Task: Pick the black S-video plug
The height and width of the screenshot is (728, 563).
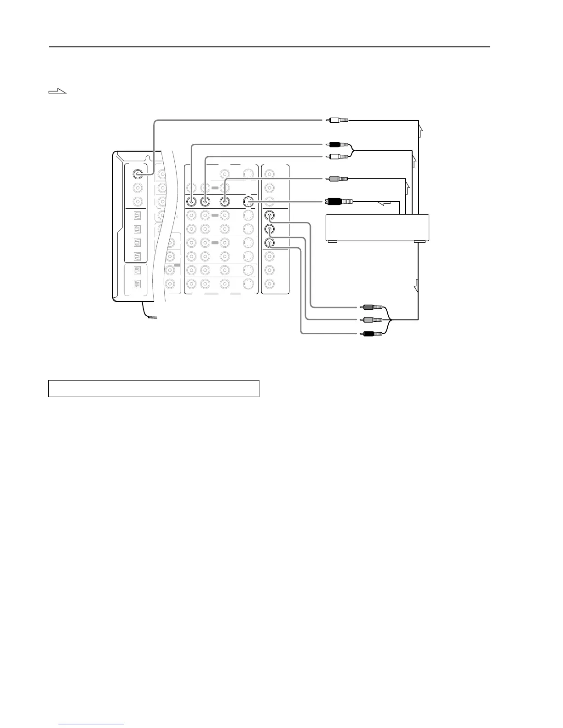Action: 339,201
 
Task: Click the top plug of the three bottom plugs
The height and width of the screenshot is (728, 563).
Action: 371,307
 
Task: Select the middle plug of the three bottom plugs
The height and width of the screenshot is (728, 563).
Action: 371,320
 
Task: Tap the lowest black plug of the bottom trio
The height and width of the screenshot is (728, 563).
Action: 371,333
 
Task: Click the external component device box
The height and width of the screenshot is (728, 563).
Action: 377,227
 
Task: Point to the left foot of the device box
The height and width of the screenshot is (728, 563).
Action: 332,241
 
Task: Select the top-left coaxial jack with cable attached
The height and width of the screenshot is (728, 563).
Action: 137,174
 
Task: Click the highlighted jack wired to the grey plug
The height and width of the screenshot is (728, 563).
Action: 224,201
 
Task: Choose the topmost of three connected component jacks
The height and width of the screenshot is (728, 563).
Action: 270,215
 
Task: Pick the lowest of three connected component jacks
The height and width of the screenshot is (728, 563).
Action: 270,243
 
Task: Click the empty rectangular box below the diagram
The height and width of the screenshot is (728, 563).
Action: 154,388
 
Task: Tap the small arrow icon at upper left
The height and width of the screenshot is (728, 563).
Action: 57,92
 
